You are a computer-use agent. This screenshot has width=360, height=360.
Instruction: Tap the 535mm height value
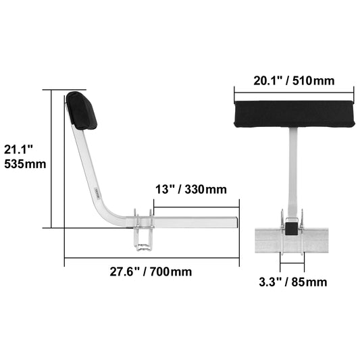point(25,163)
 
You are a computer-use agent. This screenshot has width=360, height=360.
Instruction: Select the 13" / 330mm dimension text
point(190,190)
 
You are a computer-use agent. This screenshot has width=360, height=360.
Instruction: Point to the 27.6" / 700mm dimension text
point(151,272)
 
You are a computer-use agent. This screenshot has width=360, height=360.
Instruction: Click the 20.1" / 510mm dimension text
point(294,80)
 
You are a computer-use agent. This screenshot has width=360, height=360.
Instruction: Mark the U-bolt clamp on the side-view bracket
point(144,233)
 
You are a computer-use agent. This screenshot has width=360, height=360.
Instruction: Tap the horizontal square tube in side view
point(196,222)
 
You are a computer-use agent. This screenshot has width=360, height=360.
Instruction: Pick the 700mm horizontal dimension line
point(152,258)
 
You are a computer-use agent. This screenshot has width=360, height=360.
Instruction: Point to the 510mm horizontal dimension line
point(294,93)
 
